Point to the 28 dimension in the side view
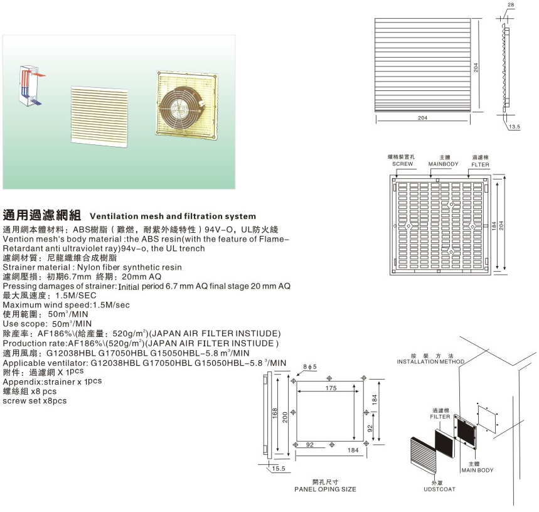pyautogui.click(x=510, y=5)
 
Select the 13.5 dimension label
pyautogui.click(x=515, y=127)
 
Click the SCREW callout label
pyautogui.click(x=402, y=164)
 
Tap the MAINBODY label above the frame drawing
pyautogui.click(x=444, y=164)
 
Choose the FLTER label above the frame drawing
pyautogui.click(x=481, y=164)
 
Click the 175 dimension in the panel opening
pyautogui.click(x=330, y=389)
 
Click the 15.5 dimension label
pyautogui.click(x=278, y=468)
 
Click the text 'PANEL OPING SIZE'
pyautogui.click(x=325, y=488)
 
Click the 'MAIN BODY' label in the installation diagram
pyautogui.click(x=477, y=470)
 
